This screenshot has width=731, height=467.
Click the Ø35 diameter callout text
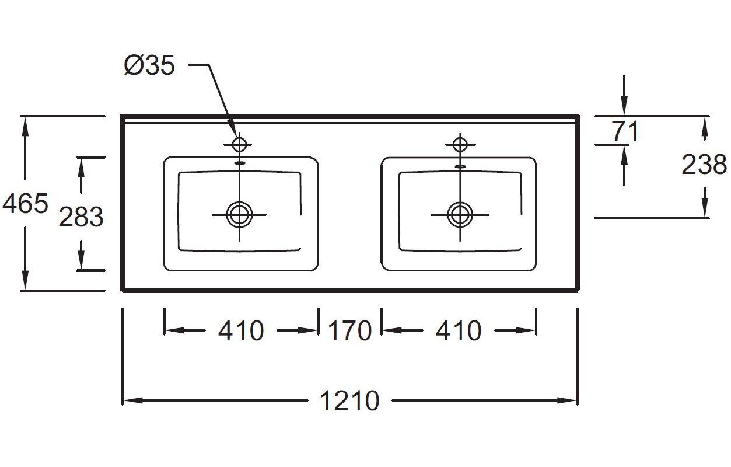(x=149, y=65)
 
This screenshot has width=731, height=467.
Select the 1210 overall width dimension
(x=349, y=400)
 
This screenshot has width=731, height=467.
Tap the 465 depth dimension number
(x=25, y=204)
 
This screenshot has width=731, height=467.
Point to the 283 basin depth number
(x=81, y=217)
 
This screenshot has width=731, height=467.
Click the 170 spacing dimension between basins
(x=349, y=331)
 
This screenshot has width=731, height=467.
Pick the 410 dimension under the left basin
(x=241, y=331)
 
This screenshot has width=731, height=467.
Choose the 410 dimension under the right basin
(x=459, y=331)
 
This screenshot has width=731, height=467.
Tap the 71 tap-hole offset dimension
(x=625, y=131)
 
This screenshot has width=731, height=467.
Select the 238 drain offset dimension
(x=704, y=164)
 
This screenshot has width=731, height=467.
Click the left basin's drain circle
(x=239, y=215)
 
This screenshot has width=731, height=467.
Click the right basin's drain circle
(x=460, y=215)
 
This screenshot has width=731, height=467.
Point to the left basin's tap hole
(x=239, y=144)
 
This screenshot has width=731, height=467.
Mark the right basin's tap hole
(x=460, y=144)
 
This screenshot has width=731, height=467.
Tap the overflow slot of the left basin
(x=239, y=162)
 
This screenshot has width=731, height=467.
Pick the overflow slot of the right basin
(x=460, y=166)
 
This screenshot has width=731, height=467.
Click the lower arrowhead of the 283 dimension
(x=81, y=260)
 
